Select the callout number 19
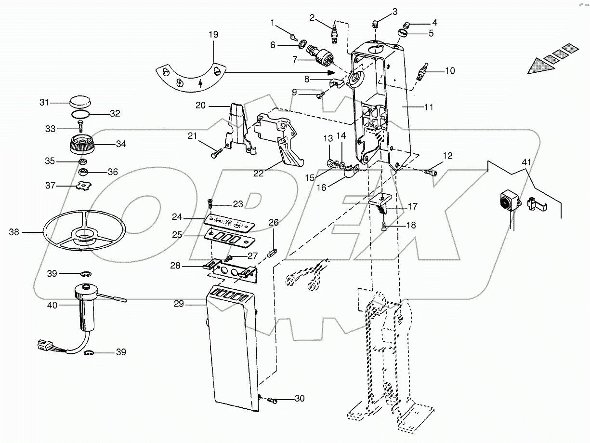pos(213,35)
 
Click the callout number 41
pos(526,162)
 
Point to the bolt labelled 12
pos(432,171)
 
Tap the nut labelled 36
pos(83,172)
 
